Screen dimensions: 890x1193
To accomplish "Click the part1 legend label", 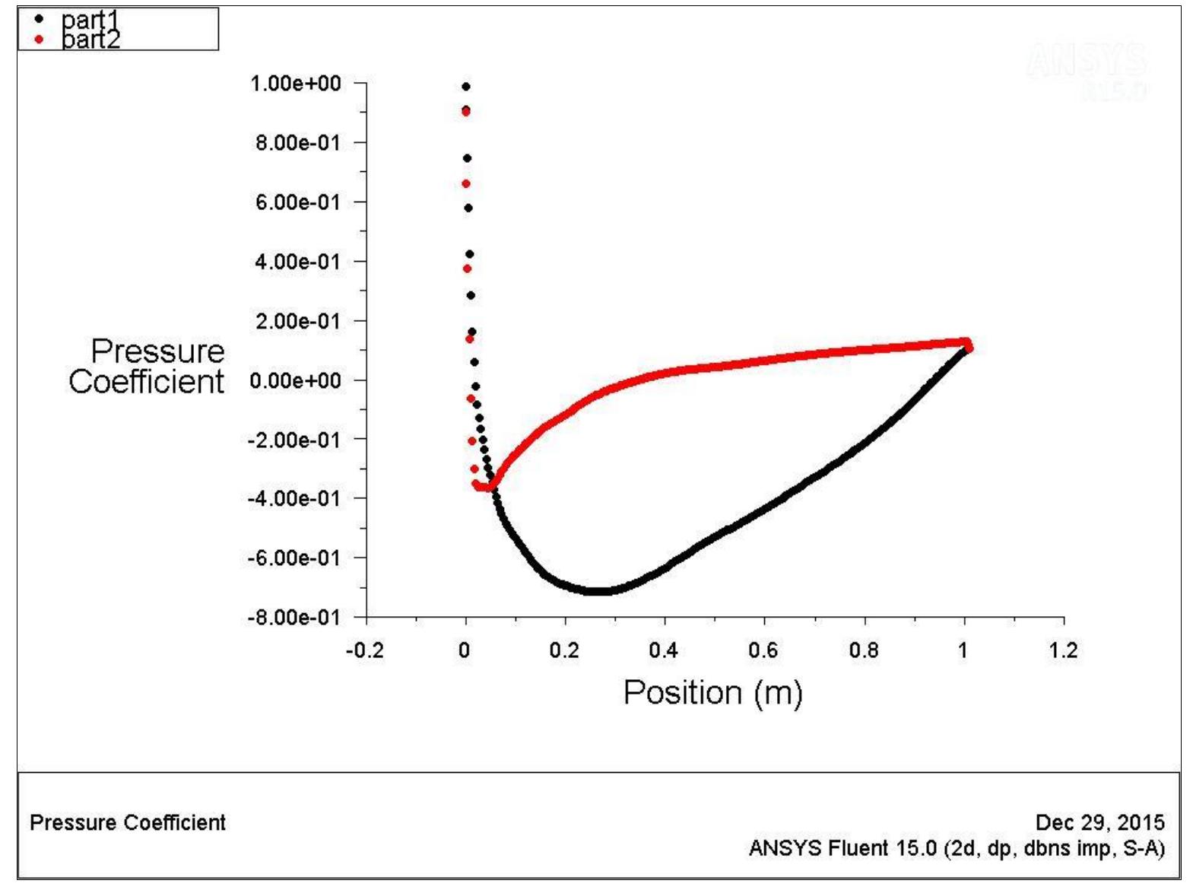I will tap(90, 19).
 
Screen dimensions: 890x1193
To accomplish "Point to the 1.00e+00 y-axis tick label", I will tap(296, 83).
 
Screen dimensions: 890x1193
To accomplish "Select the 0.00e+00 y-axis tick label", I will tap(296, 380).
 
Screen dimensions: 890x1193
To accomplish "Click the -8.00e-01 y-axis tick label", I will tap(293, 617).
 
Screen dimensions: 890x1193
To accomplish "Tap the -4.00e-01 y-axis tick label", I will tap(293, 498).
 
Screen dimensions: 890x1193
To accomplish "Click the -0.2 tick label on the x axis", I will tap(364, 650).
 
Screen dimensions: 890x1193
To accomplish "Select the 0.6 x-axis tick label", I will tap(763, 650).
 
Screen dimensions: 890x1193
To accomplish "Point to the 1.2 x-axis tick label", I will tap(1063, 650).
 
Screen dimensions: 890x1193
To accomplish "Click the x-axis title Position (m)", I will tap(712, 693).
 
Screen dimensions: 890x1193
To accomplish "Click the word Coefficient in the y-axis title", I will tap(146, 382).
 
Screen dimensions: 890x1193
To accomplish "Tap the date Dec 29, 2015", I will tap(1099, 822).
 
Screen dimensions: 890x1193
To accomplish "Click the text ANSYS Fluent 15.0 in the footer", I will tap(842, 848).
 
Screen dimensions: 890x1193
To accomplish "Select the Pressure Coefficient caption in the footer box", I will tap(128, 822).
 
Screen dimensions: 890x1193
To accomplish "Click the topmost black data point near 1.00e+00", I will tap(466, 87).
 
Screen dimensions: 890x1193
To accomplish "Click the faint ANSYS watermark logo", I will tap(1087, 61).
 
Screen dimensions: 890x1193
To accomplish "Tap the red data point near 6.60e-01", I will tap(466, 184).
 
